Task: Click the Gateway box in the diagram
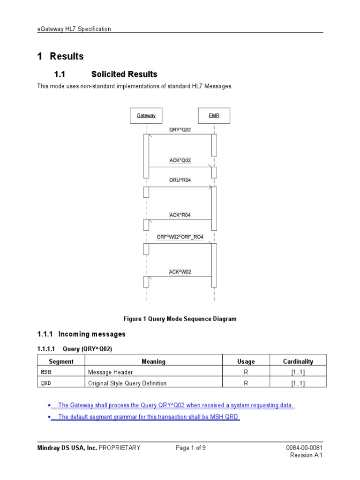tap(146, 115)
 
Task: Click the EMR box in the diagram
tap(214, 115)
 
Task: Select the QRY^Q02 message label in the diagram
tap(180, 130)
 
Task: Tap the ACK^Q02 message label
tap(180, 160)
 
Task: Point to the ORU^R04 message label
tap(180, 180)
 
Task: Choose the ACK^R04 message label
tap(180, 215)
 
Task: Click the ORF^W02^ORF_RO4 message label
tap(180, 237)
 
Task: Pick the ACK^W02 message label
tap(180, 272)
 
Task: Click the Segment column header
tap(61, 361)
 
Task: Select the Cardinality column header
tap(298, 361)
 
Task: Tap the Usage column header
tap(246, 361)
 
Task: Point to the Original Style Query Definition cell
tap(127, 383)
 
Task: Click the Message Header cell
tap(111, 372)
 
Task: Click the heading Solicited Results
tap(124, 74)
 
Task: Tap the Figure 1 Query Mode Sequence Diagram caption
tap(180, 319)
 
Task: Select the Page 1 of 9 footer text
tap(190, 448)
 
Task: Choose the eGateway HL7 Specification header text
tap(74, 29)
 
